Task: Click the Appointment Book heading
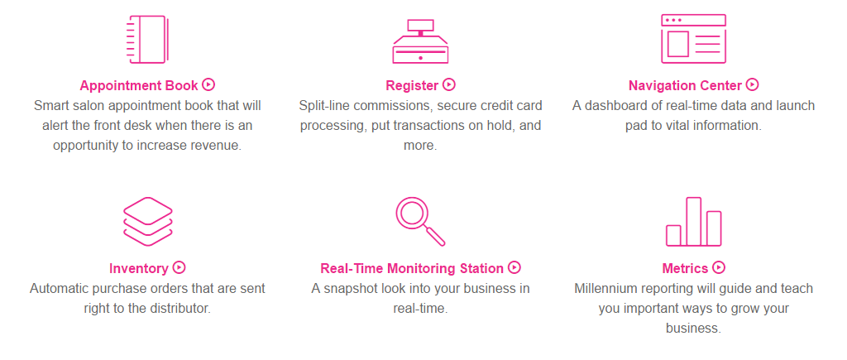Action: [x=139, y=85]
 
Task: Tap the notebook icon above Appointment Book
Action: [x=147, y=40]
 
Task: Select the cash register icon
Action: [x=420, y=41]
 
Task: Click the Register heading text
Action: [x=412, y=85]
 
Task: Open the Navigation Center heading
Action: [x=685, y=85]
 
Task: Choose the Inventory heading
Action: [x=139, y=268]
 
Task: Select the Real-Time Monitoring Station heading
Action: [x=412, y=268]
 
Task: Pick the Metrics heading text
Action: [x=685, y=268]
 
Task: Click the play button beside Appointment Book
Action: [x=209, y=84]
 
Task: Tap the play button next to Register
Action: [x=449, y=84]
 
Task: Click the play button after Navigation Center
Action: [x=753, y=84]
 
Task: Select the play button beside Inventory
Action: [x=179, y=267]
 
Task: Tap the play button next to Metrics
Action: [x=719, y=267]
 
